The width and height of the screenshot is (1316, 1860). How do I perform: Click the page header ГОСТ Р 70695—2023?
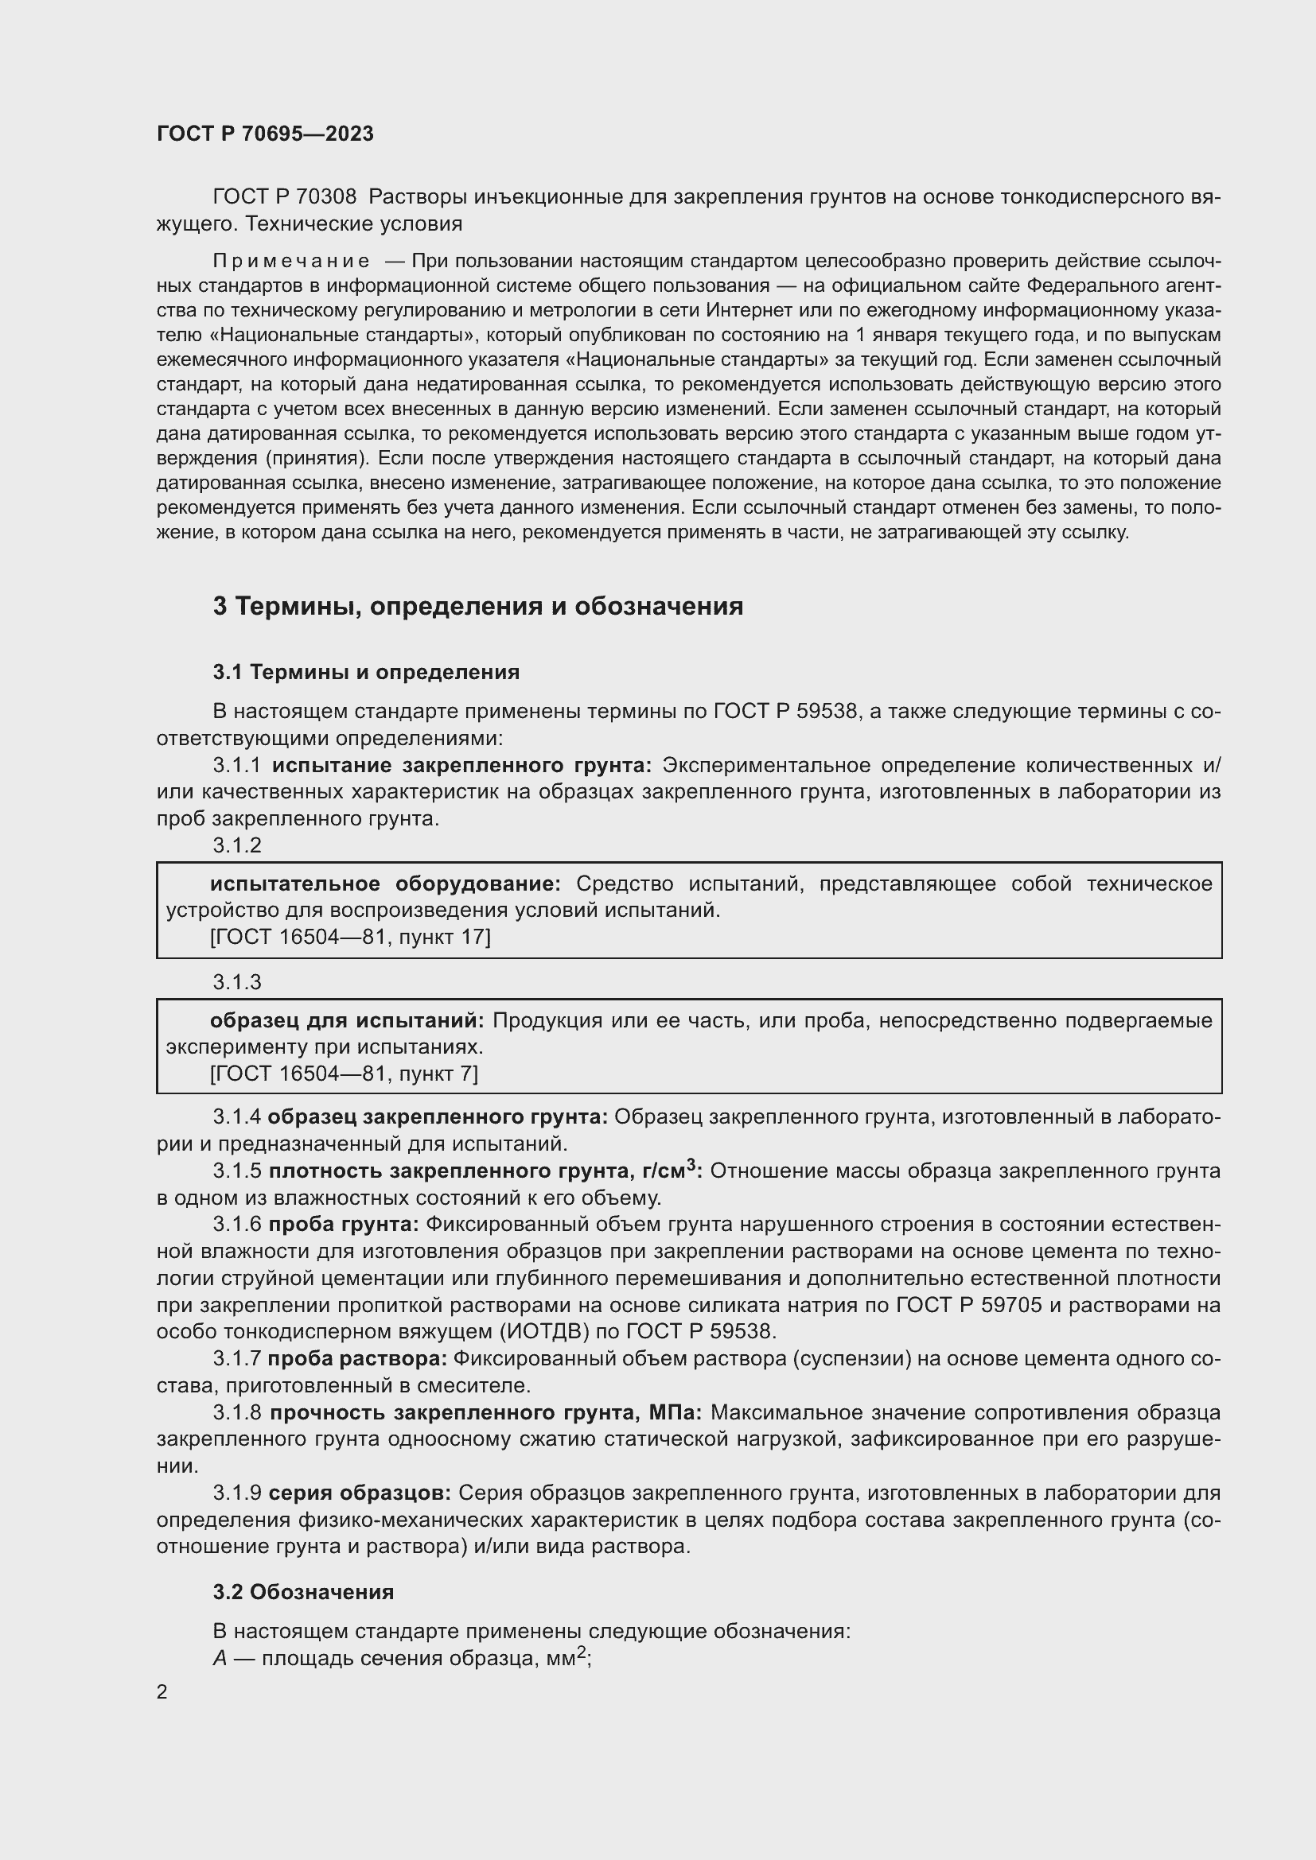265,134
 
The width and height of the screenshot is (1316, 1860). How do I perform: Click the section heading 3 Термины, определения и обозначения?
477,606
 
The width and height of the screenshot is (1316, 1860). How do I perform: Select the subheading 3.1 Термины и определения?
365,673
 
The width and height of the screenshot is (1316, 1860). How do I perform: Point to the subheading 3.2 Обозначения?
303,1592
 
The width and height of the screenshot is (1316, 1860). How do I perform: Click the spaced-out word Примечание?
291,261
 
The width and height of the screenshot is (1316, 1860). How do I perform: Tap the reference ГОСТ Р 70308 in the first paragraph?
283,197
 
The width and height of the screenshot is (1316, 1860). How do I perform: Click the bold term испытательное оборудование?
385,883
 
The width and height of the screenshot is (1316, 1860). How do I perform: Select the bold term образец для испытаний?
347,1021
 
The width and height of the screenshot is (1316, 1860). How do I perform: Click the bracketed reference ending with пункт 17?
350,938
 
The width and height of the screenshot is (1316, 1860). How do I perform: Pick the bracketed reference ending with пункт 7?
344,1074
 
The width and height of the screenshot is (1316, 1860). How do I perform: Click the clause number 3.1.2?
236,845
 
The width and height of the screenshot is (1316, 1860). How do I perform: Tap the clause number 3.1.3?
236,982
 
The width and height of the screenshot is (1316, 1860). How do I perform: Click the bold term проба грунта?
344,1224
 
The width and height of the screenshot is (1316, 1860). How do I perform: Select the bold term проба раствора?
357,1358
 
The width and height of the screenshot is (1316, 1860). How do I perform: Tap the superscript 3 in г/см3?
691,1165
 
